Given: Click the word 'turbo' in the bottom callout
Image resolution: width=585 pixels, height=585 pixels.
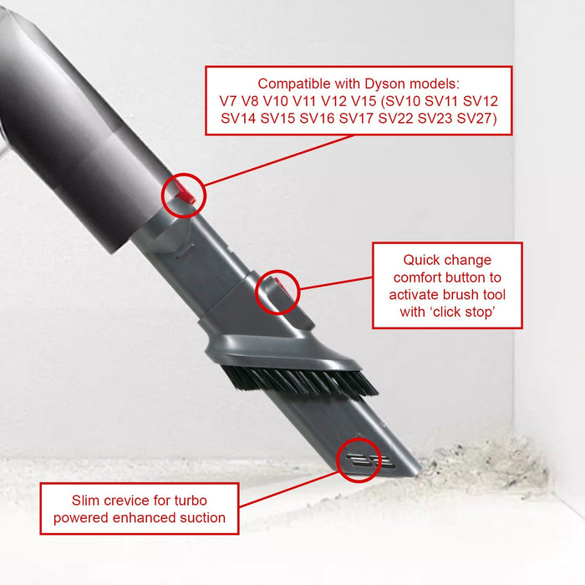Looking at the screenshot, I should (189, 501).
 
